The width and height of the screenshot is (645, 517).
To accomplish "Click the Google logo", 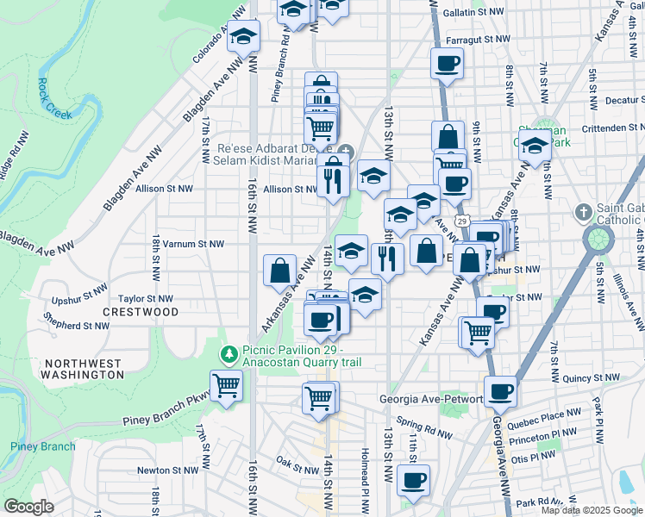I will (28, 507).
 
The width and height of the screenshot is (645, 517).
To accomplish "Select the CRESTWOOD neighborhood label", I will (141, 311).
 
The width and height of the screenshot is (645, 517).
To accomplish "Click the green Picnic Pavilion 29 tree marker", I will (229, 352).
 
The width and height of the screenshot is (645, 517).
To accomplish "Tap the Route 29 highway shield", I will (462, 222).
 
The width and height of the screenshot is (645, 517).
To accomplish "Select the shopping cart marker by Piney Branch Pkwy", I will (226, 385).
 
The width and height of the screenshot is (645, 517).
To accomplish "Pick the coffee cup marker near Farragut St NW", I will (447, 63).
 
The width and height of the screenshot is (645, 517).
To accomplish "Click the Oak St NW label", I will (297, 464).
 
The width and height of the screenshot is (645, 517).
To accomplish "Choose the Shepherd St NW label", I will (78, 326).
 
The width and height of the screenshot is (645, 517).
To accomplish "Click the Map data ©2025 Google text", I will (592, 510).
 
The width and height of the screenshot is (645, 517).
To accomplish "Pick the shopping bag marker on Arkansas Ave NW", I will (279, 271).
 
